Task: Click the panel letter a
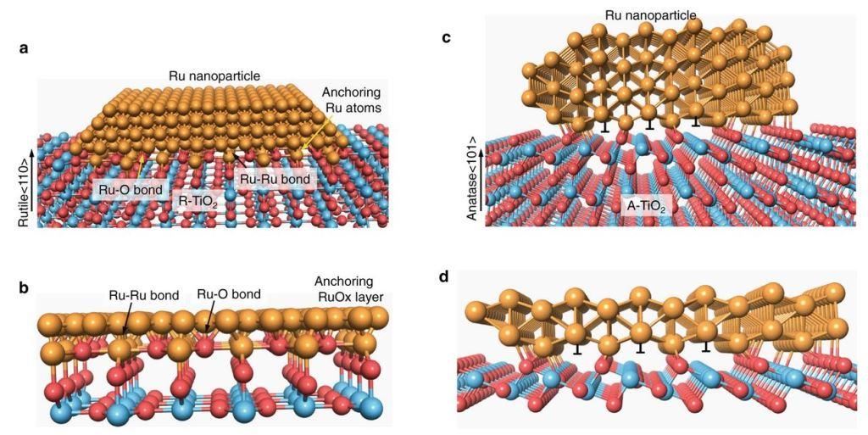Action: (x=24, y=48)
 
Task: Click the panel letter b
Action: (x=24, y=287)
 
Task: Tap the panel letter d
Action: (x=447, y=277)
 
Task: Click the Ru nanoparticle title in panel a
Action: (x=214, y=76)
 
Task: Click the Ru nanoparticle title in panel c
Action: (x=650, y=14)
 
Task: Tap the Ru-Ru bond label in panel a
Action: (x=273, y=179)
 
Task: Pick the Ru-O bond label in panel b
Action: (x=228, y=294)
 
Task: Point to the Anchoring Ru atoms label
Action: (x=352, y=100)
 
